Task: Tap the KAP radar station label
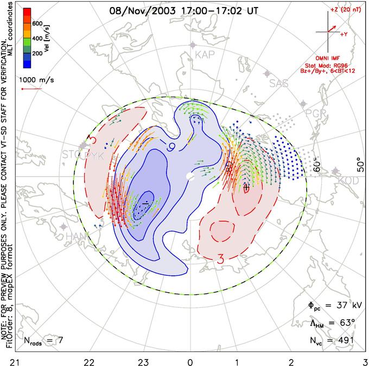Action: [x=205, y=54]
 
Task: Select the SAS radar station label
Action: [x=280, y=83]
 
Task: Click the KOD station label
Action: [x=348, y=180]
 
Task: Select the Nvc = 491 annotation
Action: [x=329, y=340]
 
